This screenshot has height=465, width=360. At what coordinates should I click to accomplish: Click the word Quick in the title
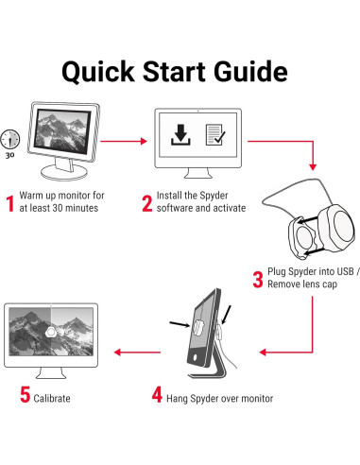[98, 72]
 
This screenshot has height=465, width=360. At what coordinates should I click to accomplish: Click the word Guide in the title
[250, 71]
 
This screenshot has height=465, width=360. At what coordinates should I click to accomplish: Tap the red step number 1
[10, 203]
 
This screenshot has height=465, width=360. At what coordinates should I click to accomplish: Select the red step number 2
[147, 203]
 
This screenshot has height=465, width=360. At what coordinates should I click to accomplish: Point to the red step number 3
[258, 280]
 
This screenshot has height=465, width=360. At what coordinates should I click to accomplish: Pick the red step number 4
[157, 394]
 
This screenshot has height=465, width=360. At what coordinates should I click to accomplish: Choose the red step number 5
[25, 394]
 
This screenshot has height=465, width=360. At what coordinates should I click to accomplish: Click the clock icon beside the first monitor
[9, 139]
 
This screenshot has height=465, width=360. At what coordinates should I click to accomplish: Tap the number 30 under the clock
[9, 155]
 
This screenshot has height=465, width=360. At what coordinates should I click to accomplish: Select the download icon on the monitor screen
[180, 134]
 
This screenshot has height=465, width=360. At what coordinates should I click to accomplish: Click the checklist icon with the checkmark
[215, 134]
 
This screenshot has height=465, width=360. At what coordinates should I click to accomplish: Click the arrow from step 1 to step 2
[124, 141]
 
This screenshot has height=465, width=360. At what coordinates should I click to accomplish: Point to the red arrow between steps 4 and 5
[137, 352]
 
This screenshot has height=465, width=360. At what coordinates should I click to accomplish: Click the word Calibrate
[52, 398]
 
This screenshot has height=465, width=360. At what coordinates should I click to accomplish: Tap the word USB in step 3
[345, 271]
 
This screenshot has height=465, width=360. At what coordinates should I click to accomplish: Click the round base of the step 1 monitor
[64, 172]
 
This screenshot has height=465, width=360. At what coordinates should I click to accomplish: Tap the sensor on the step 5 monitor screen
[51, 332]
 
